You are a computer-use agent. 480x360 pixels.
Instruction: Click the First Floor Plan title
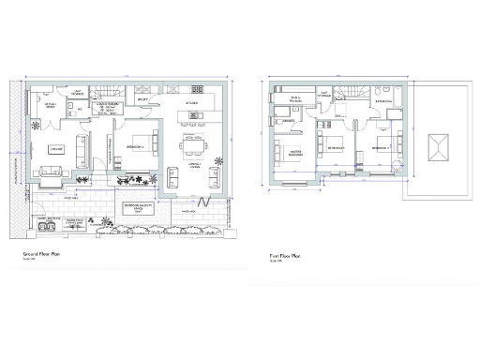pyautogui.click(x=286, y=255)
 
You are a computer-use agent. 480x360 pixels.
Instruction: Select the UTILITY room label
pyautogui.click(x=143, y=97)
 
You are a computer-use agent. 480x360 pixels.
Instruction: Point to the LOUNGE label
pyautogui.click(x=56, y=149)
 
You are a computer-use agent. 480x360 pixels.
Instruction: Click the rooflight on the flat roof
pyautogui.click(x=438, y=147)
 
